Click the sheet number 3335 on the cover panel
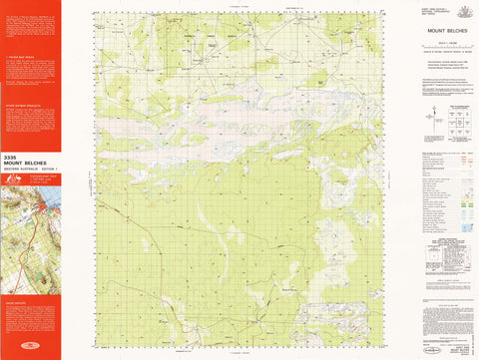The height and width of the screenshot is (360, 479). pos(11,156)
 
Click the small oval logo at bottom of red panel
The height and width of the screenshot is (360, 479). pos(30,351)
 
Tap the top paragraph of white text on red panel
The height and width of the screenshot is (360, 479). pos(30,20)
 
